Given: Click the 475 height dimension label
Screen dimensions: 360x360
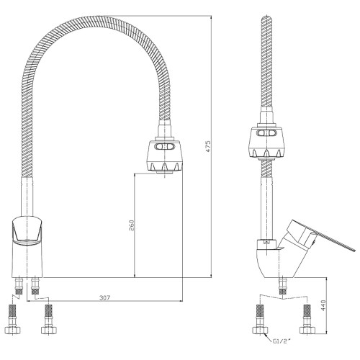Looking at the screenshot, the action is tap(208, 146).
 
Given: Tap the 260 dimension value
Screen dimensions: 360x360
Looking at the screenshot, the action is tap(132, 225).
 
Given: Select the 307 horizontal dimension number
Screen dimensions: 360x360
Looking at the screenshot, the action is tap(104, 298).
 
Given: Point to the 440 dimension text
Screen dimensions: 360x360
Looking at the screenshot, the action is tap(323, 305).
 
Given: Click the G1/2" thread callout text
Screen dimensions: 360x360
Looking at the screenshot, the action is tap(282, 341).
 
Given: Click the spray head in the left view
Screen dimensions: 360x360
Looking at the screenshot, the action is tap(165, 156).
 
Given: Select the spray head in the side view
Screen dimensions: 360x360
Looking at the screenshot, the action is tap(267, 142).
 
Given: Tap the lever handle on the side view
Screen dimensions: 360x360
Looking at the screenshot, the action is tap(319, 236).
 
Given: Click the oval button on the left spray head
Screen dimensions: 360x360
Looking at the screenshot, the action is tap(164, 146).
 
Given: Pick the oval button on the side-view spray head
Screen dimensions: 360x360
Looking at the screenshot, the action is tap(266, 132).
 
